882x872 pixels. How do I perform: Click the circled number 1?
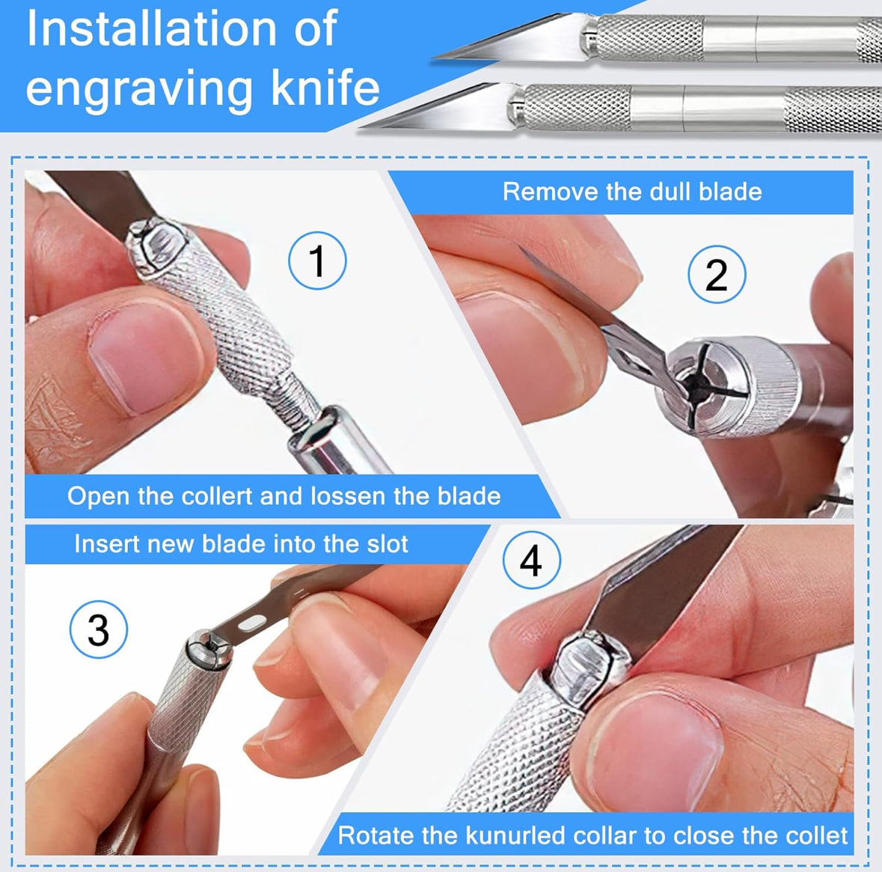point(317,260)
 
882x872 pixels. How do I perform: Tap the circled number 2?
point(717,275)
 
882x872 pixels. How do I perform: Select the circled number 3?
point(99,629)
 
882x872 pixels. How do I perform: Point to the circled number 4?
point(532,560)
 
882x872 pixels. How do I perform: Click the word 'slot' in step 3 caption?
point(388,544)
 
